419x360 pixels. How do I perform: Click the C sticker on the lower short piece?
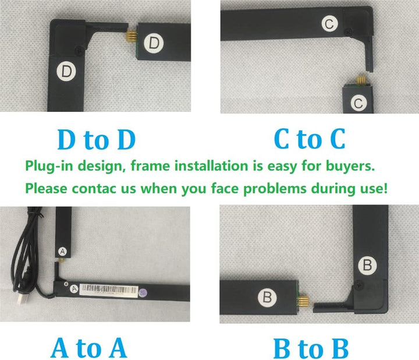(359, 103)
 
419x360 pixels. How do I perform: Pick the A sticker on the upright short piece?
(62, 250)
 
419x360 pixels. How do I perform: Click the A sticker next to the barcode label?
(74, 288)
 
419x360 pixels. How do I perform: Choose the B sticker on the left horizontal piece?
(268, 297)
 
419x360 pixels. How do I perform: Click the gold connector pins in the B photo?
(303, 299)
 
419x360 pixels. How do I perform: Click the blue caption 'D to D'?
(97, 140)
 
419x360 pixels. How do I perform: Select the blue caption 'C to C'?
(310, 140)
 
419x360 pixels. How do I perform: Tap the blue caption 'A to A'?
(88, 348)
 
